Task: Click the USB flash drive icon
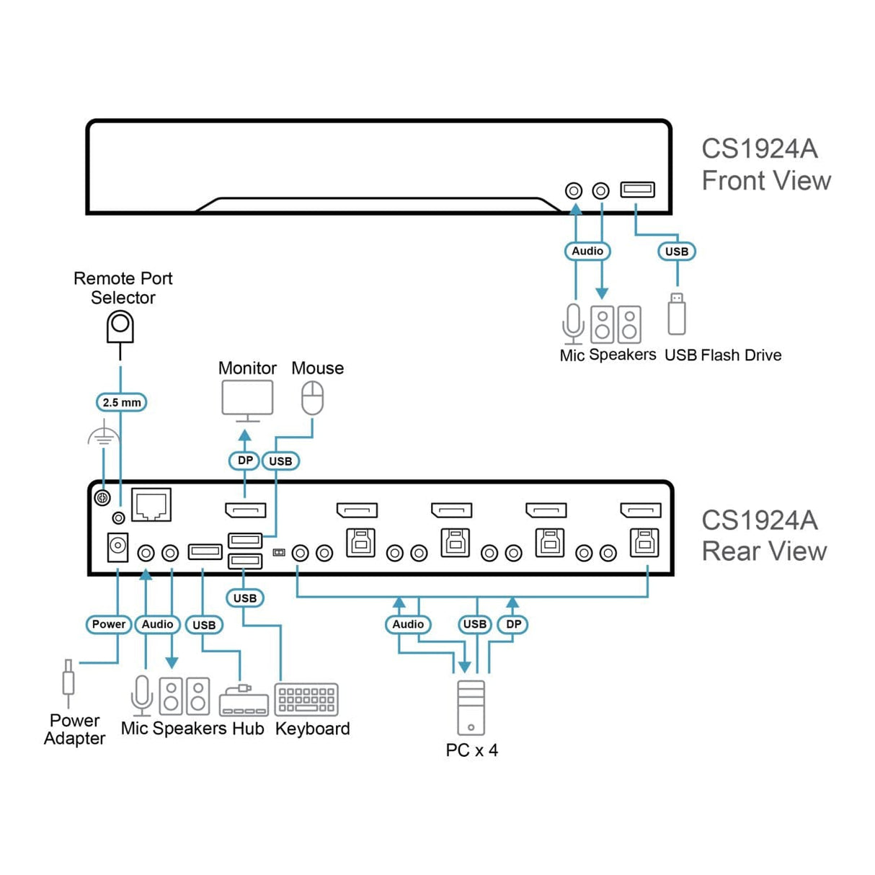[x=676, y=314]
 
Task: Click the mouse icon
[x=312, y=398]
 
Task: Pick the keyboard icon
[x=306, y=700]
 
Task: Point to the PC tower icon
[x=471, y=708]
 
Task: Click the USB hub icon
[x=244, y=701]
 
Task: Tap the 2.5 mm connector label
[x=121, y=402]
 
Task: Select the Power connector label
[x=109, y=624]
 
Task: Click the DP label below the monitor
[x=244, y=461]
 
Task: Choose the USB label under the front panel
[x=677, y=252]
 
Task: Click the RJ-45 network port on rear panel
[x=151, y=505]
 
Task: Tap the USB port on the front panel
[x=638, y=190]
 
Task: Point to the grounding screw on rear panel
[x=102, y=497]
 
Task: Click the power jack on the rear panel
[x=117, y=547]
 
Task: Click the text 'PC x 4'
[x=472, y=750]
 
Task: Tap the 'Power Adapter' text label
[x=75, y=729]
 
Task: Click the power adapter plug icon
[x=68, y=682]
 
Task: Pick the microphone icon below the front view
[x=573, y=324]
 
